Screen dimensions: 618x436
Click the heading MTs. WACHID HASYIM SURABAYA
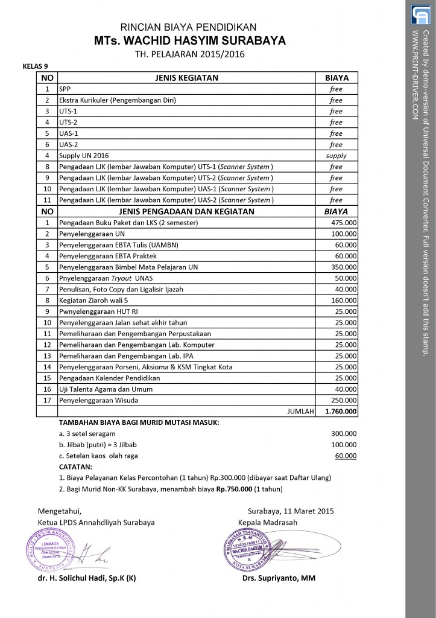click(x=189, y=41)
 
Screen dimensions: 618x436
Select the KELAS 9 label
click(x=35, y=66)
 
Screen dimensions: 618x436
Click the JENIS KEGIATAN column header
click(x=186, y=78)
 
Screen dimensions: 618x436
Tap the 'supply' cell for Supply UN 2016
click(x=336, y=156)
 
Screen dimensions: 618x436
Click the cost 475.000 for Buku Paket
click(x=344, y=223)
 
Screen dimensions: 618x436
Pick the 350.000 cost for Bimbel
click(x=344, y=267)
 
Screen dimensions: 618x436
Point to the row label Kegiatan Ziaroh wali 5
click(x=93, y=300)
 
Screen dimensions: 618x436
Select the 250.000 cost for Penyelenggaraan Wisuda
click(x=344, y=400)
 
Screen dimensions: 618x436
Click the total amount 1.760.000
click(x=341, y=412)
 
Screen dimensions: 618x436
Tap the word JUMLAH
click(x=301, y=412)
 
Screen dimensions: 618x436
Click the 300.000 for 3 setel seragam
click(x=344, y=433)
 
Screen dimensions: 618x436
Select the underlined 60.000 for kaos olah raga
click(x=346, y=456)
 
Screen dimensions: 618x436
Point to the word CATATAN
click(x=75, y=467)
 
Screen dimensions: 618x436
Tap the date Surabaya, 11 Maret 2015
click(x=291, y=511)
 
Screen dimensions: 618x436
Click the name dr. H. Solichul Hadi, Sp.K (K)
click(x=87, y=578)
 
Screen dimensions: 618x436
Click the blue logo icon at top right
click(x=420, y=14)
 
